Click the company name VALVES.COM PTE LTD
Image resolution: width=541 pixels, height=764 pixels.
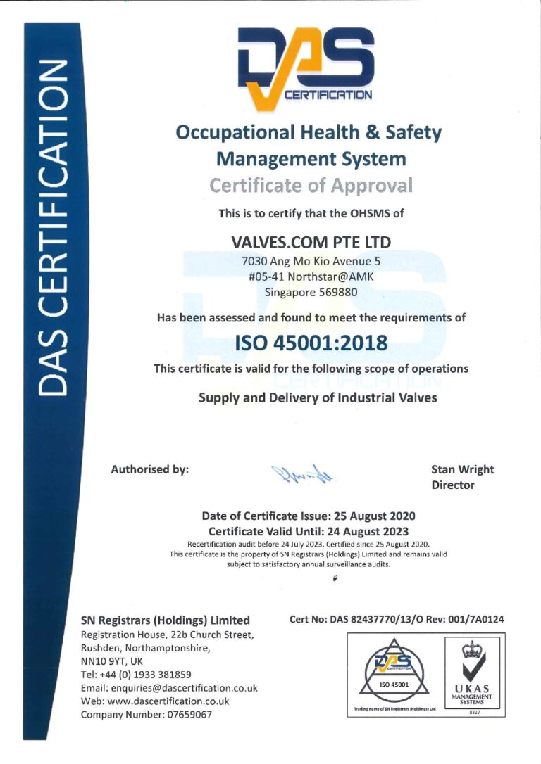tap(311, 242)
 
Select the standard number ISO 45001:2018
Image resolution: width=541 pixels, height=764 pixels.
tap(311, 343)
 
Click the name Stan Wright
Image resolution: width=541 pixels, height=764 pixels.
tap(462, 469)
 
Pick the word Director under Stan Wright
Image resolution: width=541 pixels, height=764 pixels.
tap(452, 485)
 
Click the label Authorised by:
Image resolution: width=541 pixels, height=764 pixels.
tap(149, 469)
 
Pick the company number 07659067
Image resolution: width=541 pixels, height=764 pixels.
tap(186, 715)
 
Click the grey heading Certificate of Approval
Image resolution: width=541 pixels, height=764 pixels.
tap(311, 186)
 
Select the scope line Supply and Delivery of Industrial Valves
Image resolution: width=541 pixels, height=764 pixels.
tap(318, 397)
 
